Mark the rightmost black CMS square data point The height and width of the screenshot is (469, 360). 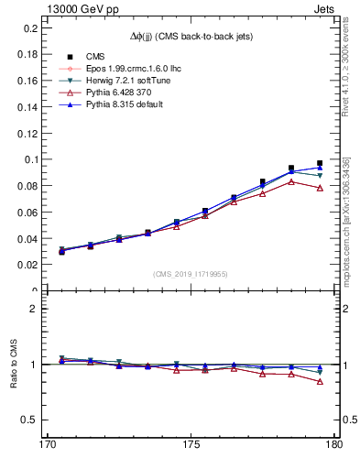[320, 163]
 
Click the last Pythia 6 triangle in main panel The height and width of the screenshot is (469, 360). [320, 188]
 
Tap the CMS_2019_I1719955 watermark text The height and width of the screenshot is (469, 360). [190, 274]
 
